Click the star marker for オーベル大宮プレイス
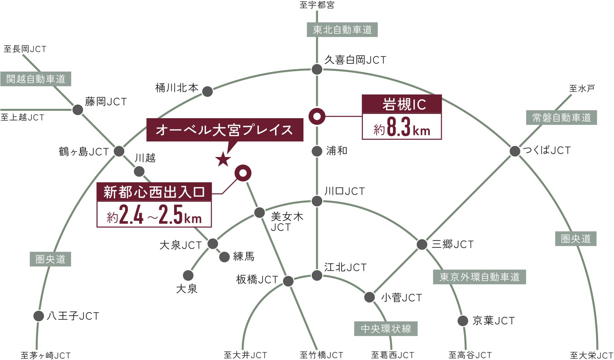(223, 159)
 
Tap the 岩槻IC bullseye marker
(317, 116)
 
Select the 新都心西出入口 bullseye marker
(243, 173)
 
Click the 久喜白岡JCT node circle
(317, 70)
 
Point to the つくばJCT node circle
(515, 151)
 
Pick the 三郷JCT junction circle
(422, 245)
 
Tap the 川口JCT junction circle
(317, 201)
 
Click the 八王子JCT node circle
(38, 316)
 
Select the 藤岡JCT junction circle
(78, 110)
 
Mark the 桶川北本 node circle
(208, 91)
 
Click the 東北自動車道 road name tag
(342, 30)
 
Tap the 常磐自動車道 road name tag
(562, 118)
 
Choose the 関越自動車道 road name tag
(36, 79)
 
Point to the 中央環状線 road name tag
(386, 329)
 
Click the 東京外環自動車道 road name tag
(480, 277)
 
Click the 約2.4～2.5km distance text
(154, 215)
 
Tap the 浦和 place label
(337, 151)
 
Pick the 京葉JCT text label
(494, 321)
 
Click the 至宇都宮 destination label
(317, 5)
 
